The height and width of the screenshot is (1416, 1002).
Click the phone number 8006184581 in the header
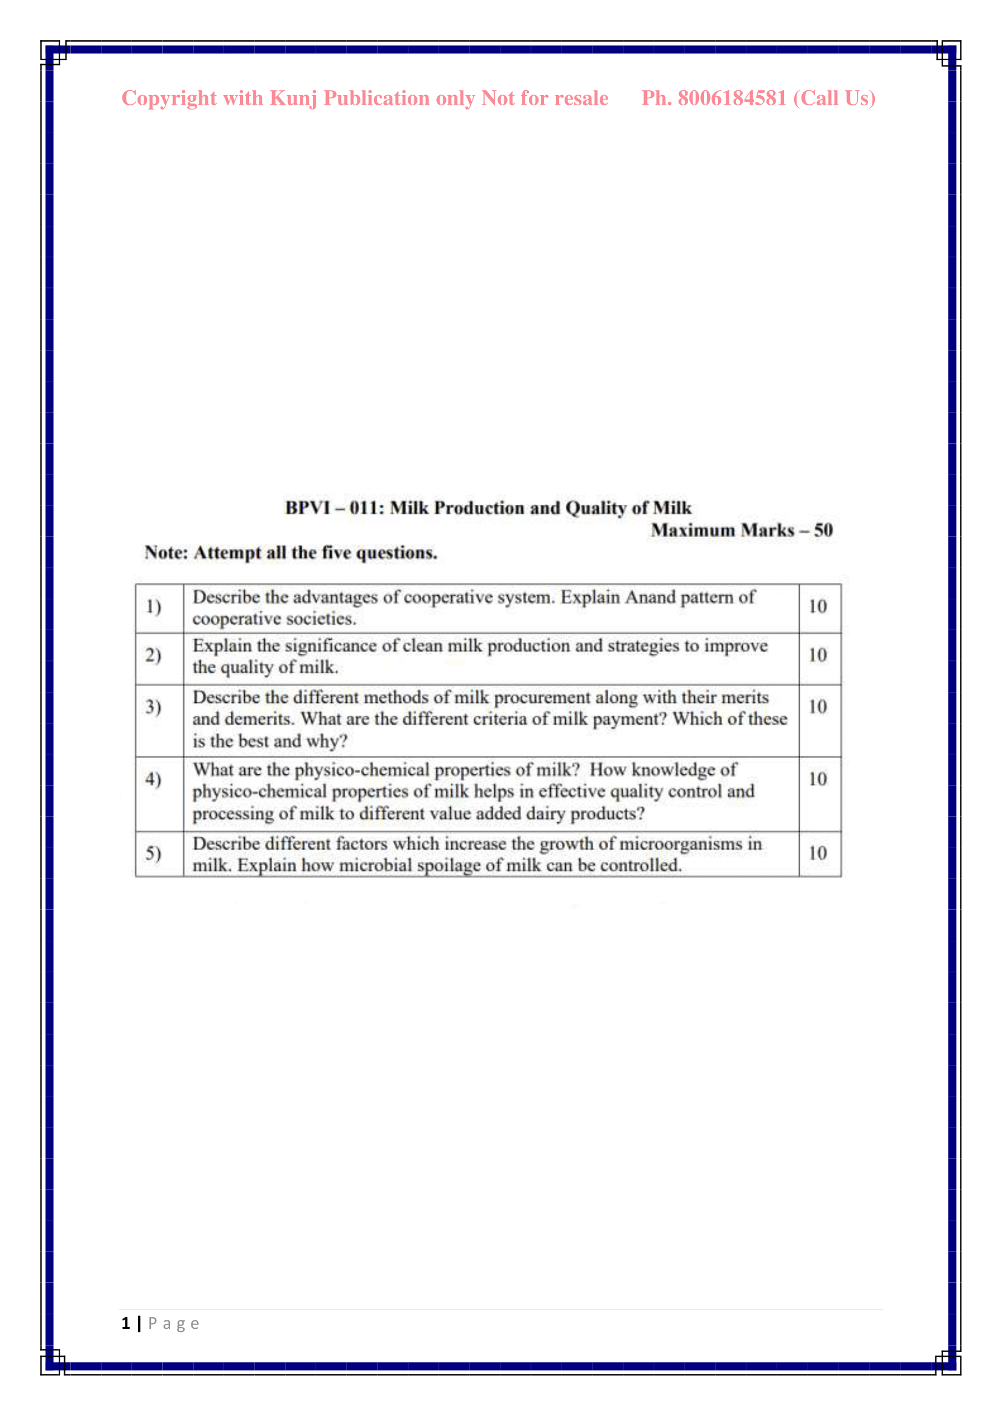click(732, 99)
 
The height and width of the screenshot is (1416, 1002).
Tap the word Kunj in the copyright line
click(294, 99)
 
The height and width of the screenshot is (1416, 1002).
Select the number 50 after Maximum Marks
click(823, 530)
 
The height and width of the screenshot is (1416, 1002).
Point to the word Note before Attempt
click(165, 553)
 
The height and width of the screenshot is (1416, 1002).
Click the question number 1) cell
click(154, 607)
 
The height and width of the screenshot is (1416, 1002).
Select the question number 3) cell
click(154, 706)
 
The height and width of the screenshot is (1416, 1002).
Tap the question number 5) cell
click(154, 854)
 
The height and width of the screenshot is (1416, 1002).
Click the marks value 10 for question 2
click(817, 655)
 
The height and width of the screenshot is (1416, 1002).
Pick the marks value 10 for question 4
click(817, 780)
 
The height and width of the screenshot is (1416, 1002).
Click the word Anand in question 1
click(650, 597)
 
